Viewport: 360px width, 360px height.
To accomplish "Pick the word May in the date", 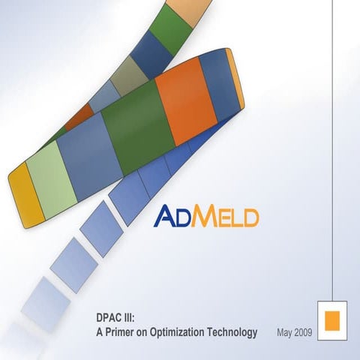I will [x=285, y=331].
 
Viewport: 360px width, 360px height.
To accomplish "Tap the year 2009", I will [x=304, y=331].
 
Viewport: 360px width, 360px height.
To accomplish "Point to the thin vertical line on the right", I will [x=332, y=150].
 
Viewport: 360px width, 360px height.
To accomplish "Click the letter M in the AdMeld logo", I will [x=200, y=217].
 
